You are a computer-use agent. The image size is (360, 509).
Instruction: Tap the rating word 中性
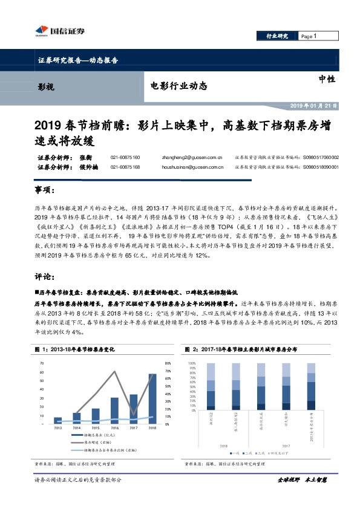click(x=327, y=79)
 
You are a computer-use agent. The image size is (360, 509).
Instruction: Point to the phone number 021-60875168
click(x=125, y=167)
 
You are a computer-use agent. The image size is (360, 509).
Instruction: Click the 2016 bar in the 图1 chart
click(x=114, y=409)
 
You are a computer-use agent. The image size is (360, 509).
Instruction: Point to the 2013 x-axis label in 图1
click(x=57, y=427)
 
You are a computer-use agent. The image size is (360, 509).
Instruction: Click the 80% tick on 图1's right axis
click(x=168, y=363)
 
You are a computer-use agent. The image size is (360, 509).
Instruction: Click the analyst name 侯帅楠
click(x=88, y=167)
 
